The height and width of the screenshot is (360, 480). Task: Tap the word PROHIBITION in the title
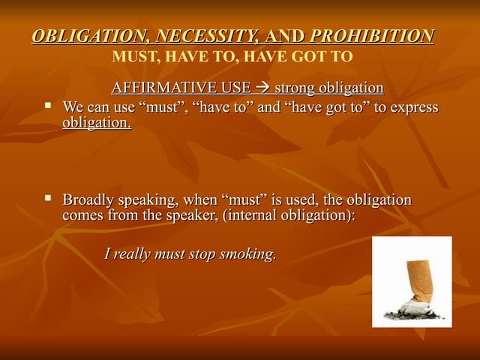372,36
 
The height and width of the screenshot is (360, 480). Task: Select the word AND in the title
286,36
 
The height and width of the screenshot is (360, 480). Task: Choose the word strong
296,88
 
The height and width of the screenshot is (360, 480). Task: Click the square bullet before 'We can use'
49,106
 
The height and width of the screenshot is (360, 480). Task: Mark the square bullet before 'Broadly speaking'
49,199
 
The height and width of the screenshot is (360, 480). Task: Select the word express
413,107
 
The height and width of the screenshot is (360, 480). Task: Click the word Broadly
88,200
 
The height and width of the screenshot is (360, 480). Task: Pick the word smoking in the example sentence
248,254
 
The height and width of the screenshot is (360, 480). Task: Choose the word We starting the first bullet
73,107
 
